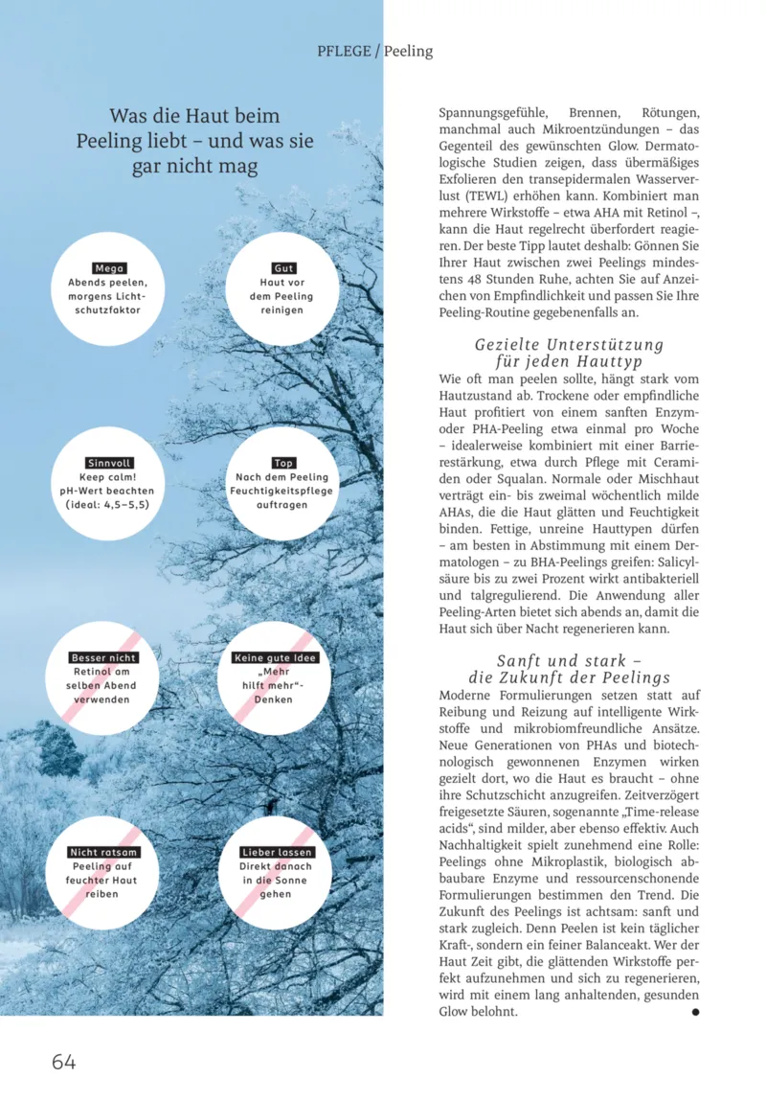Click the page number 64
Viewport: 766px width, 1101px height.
pos(63,1062)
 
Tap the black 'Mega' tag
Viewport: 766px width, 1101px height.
pos(109,269)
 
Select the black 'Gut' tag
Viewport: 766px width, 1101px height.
pos(283,269)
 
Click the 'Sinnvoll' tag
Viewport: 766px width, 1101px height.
pos(109,463)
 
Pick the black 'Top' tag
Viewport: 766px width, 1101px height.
pos(283,463)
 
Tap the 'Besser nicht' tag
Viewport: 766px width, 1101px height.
pos(104,658)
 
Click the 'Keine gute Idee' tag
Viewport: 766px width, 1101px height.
pos(276,658)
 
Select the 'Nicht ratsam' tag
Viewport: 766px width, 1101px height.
pos(104,853)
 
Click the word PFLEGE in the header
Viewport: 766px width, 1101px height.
pos(344,51)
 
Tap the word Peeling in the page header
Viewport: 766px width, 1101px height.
pos(409,51)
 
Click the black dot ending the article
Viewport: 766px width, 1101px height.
pos(695,1011)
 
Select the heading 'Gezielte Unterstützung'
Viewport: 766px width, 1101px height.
pos(569,345)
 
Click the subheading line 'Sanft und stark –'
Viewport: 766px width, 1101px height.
pos(569,661)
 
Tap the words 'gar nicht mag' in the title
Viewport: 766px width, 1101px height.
pos(194,167)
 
